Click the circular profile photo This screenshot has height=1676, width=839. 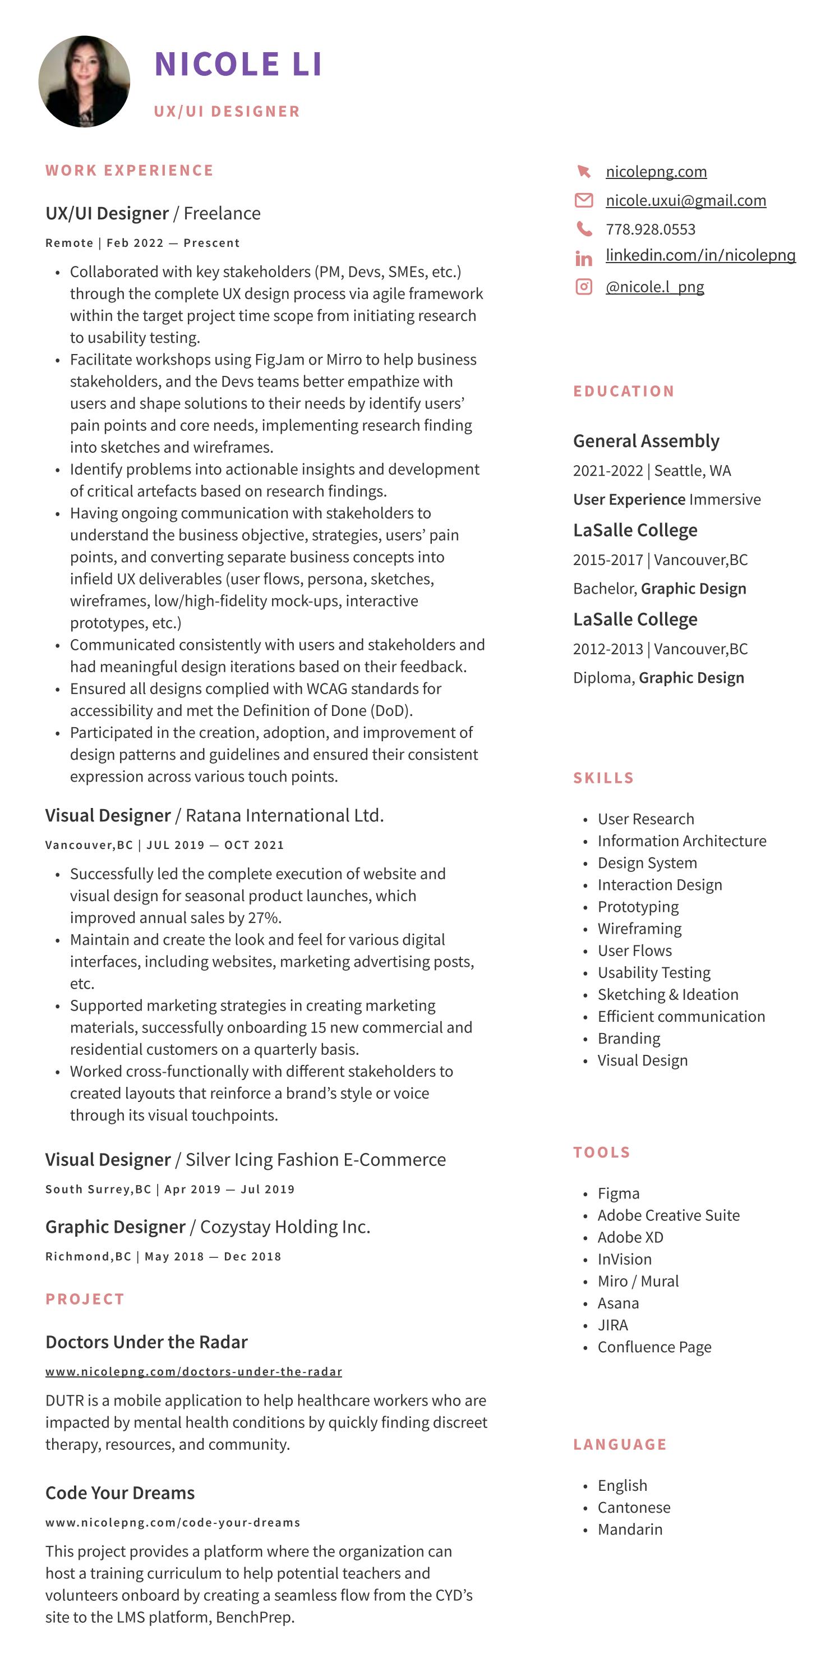coord(84,81)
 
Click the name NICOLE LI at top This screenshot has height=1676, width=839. coord(237,64)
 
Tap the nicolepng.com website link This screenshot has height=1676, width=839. coord(656,171)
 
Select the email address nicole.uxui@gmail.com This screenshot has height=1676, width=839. coord(685,200)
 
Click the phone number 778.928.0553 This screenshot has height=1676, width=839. coord(651,229)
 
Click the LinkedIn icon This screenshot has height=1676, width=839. coord(583,258)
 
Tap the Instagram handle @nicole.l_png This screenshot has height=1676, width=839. coord(654,286)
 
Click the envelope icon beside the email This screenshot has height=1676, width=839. coord(583,200)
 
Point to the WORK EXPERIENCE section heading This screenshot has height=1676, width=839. coord(130,171)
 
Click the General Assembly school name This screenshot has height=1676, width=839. coord(646,441)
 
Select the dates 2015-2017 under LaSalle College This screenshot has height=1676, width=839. coord(607,559)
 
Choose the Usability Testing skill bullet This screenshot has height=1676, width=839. coord(653,973)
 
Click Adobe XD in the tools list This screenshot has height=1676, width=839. coord(630,1237)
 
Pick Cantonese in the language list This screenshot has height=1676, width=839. coord(634,1508)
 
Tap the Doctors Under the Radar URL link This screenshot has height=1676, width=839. coord(193,1371)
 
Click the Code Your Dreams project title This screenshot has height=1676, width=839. coord(119,1493)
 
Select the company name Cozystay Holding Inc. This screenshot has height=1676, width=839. coord(285,1227)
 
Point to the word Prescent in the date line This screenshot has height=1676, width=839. coord(211,244)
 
